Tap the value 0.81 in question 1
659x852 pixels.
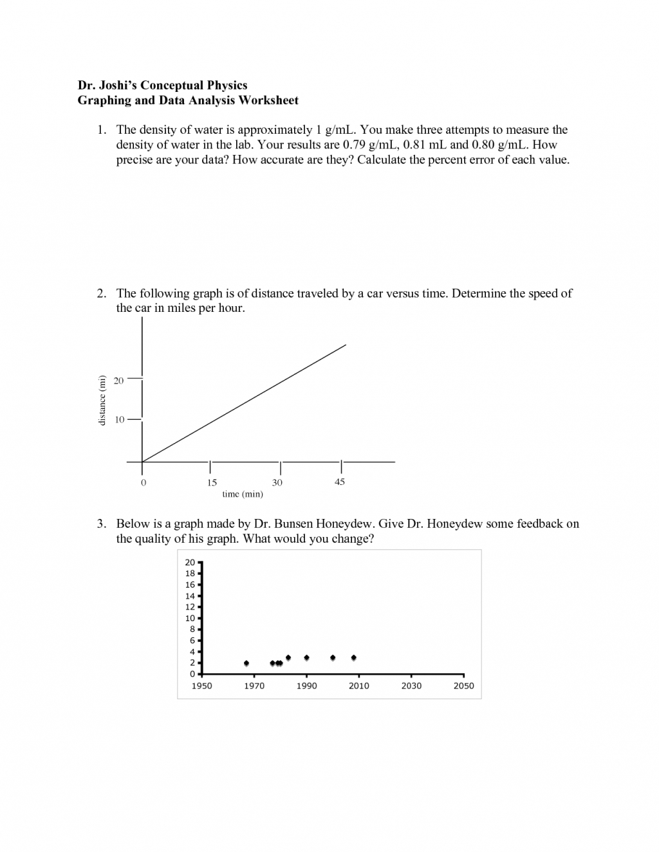(414, 145)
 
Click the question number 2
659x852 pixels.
(101, 293)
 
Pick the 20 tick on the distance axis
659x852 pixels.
(118, 381)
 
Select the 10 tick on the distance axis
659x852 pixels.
(119, 420)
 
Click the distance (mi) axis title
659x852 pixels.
(101, 400)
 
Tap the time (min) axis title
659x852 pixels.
(243, 494)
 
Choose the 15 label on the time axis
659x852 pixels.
(212, 482)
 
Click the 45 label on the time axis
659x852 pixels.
(340, 482)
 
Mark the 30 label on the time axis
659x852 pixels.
(277, 482)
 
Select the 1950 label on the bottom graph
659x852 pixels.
(202, 686)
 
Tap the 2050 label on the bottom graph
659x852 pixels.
(463, 686)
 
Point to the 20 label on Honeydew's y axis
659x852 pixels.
(190, 563)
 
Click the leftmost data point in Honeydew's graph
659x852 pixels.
(246, 663)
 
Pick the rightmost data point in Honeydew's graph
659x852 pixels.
(354, 658)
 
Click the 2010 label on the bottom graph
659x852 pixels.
(359, 686)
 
